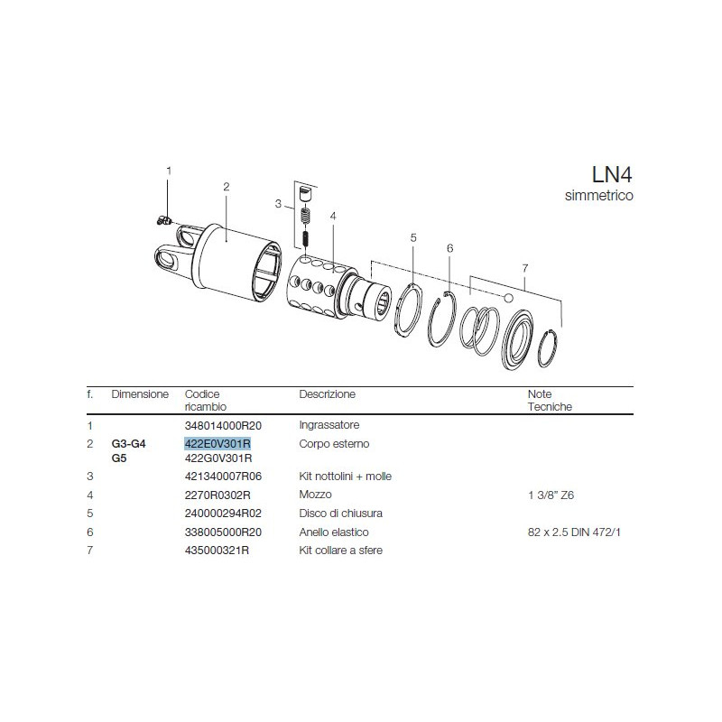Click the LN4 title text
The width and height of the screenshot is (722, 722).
pyautogui.click(x=612, y=174)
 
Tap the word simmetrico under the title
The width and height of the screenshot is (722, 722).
pyautogui.click(x=599, y=195)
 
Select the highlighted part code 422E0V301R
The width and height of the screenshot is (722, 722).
pyautogui.click(x=218, y=443)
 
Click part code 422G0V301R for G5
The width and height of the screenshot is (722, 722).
pyautogui.click(x=218, y=458)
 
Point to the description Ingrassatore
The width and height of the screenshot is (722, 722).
pyautogui.click(x=329, y=425)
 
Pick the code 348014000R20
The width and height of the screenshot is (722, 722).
pyautogui.click(x=223, y=425)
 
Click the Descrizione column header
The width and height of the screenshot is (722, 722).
pyautogui.click(x=328, y=394)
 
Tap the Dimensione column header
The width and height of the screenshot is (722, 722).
pyautogui.click(x=140, y=394)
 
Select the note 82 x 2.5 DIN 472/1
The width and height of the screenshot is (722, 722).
pyautogui.click(x=574, y=532)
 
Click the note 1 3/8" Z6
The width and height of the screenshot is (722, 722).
pyautogui.click(x=551, y=495)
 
